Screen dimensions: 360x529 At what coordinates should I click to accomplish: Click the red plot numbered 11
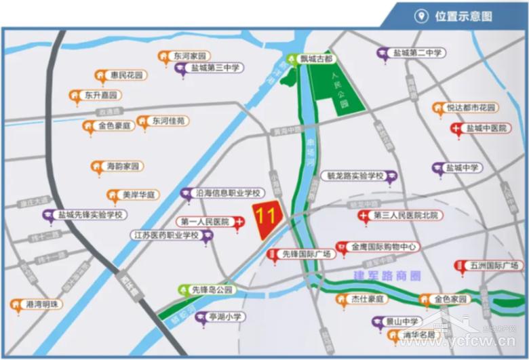[265, 218]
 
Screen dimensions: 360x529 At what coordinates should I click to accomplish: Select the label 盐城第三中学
[216, 68]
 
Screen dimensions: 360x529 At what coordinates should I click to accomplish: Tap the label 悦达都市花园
[472, 108]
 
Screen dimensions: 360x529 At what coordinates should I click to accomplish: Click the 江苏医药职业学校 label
[165, 235]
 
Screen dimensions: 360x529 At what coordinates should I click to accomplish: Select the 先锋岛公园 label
[212, 290]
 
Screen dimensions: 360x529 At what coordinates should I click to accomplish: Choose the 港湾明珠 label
[42, 304]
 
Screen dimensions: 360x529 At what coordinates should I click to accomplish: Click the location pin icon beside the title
[421, 16]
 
